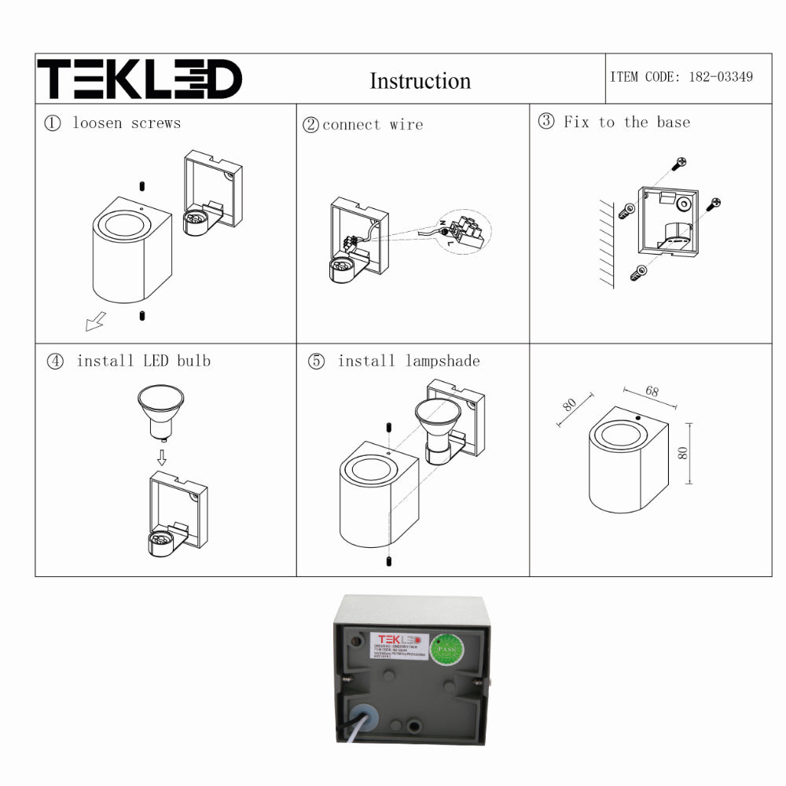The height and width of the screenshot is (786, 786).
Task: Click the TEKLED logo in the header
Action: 140,79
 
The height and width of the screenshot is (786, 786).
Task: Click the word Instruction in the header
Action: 420,81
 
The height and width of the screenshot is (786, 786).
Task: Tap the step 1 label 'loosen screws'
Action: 126,123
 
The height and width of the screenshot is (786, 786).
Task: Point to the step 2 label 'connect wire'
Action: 372,125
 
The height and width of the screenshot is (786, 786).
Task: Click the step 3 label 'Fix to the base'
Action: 626,122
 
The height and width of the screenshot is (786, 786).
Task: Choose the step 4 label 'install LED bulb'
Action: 143,361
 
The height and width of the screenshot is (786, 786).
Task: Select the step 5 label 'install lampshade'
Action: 408,361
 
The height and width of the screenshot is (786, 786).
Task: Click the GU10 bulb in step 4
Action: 160,410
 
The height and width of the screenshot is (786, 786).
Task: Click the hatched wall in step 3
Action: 604,244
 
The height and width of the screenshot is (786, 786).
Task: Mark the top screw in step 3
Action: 679,163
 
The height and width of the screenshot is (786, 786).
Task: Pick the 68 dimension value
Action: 652,391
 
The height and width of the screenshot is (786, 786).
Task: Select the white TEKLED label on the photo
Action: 399,645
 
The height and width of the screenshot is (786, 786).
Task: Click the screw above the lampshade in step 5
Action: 390,427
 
